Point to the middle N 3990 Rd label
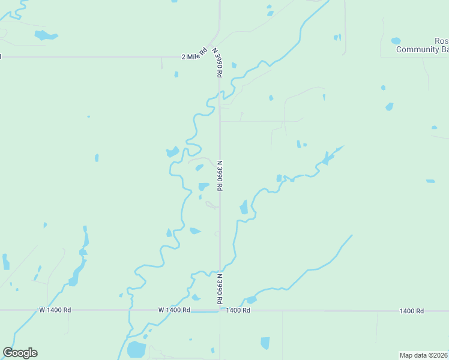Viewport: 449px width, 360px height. coord(220,175)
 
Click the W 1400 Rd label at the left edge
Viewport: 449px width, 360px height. coord(55,310)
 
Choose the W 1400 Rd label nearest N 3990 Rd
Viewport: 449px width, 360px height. coord(174,310)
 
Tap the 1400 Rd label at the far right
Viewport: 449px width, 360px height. coord(412,311)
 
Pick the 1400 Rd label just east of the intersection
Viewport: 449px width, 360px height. coord(238,310)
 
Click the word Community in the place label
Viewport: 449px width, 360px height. coord(418,49)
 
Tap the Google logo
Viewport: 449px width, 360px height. coord(20,353)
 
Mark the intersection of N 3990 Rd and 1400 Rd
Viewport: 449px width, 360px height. coord(220,310)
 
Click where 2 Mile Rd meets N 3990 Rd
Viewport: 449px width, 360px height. coord(220,56)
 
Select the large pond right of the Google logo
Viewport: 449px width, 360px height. coord(136,349)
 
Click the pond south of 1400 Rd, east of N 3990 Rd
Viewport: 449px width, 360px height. coord(265,343)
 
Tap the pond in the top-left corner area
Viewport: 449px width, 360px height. coord(45,35)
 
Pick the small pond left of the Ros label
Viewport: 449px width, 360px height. coord(396,41)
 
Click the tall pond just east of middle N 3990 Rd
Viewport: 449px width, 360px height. coord(244,208)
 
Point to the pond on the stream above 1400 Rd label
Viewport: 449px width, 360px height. coord(251,299)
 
